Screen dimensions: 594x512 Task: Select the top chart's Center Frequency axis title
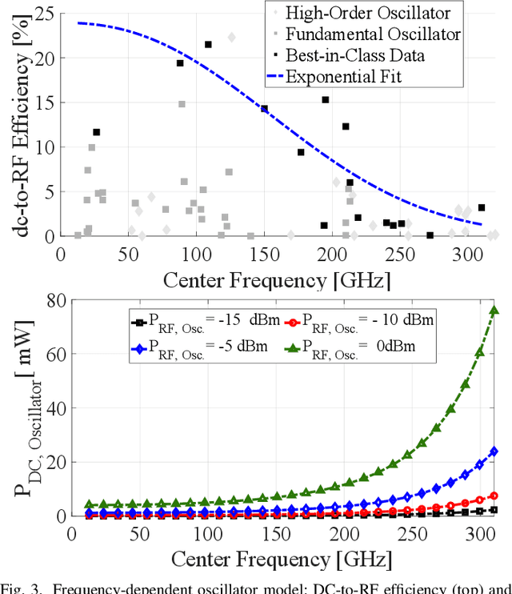click(x=278, y=279)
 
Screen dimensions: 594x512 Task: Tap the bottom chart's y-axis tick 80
click(x=55, y=302)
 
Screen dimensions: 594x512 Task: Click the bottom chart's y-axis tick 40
click(x=55, y=409)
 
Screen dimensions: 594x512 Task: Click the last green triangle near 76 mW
click(x=494, y=311)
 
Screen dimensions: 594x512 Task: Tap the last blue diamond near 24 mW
click(x=494, y=452)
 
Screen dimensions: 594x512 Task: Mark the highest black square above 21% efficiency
click(x=208, y=45)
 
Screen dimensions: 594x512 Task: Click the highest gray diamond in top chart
click(x=232, y=37)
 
